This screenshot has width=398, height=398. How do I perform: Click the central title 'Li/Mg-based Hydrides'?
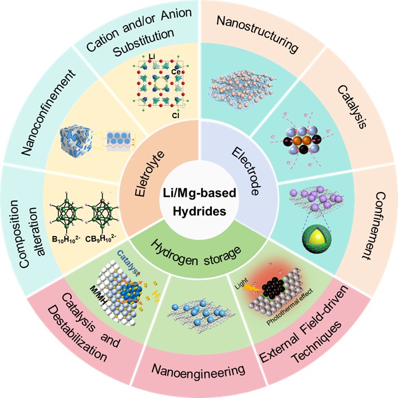[x=199, y=199]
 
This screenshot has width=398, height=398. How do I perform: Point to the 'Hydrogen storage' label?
[x=198, y=250]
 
